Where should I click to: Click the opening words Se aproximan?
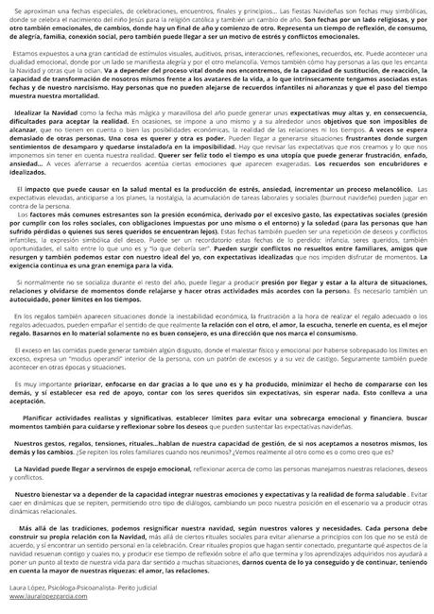pos(36,10)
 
